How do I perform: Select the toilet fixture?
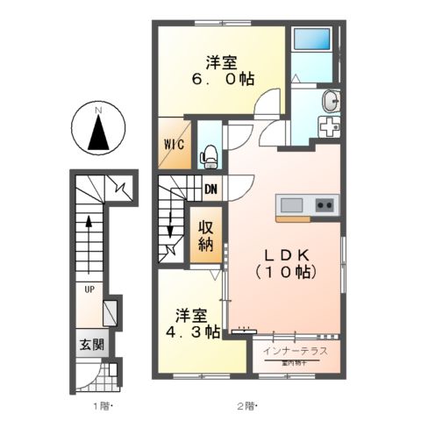point(210,156)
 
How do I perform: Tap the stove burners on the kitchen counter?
point(325,206)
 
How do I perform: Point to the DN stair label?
point(210,188)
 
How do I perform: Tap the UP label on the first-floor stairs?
point(89,287)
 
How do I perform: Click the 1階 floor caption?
point(103,405)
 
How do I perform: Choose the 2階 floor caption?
point(251,405)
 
